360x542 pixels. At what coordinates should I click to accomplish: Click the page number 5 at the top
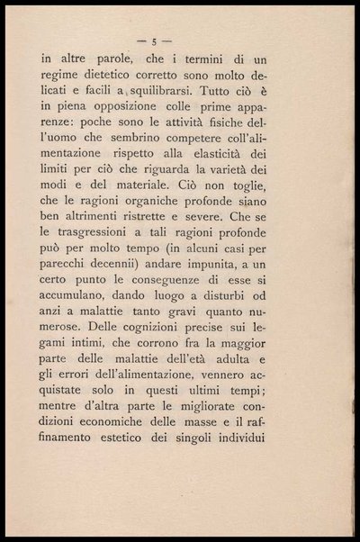tap(156, 41)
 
